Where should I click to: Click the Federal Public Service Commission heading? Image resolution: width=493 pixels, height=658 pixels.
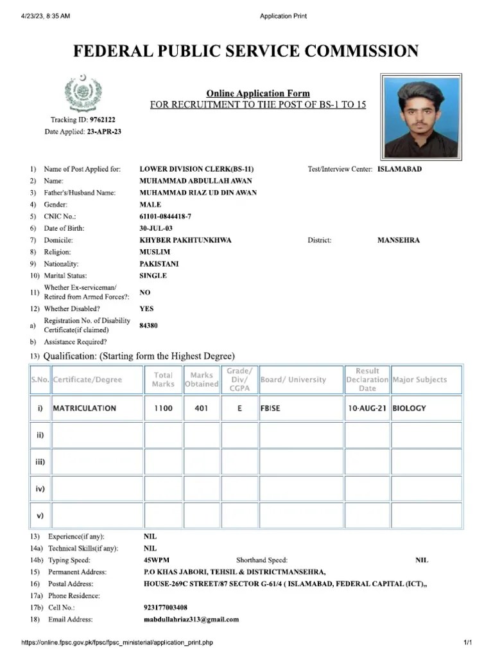point(246,51)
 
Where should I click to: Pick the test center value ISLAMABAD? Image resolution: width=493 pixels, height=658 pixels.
point(399,169)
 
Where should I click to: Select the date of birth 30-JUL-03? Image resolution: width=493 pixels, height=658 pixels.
point(156,228)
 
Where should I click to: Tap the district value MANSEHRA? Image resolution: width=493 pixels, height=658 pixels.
point(399,240)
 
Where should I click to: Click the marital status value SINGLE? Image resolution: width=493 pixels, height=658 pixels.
point(153,276)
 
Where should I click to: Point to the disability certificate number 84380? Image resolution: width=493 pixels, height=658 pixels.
point(148,326)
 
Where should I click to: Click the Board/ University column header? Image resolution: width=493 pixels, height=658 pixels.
point(293,380)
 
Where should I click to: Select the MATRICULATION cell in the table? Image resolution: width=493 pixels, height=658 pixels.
point(85,408)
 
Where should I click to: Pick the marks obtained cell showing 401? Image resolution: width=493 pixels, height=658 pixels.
point(201,408)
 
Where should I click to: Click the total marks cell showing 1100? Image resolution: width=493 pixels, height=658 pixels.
point(163,408)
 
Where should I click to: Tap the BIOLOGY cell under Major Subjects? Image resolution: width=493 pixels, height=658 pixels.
point(409,408)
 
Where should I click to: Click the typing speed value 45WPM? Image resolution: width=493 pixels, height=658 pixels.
point(157,560)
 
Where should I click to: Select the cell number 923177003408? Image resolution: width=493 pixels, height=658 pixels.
point(166,607)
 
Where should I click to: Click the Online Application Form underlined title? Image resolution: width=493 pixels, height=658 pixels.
point(257,94)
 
